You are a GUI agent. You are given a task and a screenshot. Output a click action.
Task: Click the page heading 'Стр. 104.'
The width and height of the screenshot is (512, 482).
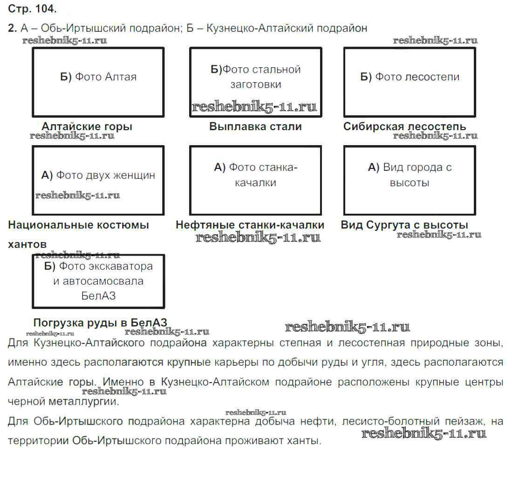point(32,9)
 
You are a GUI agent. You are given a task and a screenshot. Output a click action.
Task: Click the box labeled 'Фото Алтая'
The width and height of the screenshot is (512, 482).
point(98,82)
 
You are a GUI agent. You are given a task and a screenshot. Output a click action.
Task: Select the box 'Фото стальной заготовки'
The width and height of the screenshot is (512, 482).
point(255,82)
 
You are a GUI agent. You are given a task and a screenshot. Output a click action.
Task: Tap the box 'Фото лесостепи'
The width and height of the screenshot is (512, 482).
point(410,82)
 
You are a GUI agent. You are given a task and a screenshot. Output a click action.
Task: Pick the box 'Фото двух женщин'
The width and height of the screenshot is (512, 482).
point(98,180)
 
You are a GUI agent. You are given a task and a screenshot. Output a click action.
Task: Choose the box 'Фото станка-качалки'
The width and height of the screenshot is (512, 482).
point(255,180)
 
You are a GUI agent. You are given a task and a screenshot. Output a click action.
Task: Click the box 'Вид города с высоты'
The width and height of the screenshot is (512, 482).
point(410,180)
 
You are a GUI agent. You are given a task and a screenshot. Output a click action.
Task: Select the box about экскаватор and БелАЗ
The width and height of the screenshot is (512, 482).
point(98,281)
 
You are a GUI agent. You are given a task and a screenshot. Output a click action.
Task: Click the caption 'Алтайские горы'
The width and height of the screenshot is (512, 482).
point(87,126)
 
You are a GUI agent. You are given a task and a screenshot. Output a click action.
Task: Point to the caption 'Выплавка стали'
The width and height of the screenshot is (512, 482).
point(255,126)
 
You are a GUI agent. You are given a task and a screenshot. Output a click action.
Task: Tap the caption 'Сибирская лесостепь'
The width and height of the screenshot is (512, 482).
point(404,126)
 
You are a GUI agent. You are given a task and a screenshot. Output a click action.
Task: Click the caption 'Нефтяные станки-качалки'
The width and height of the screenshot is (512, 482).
point(250,225)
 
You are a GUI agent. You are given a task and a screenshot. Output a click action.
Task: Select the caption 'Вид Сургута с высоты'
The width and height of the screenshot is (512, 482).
point(404,225)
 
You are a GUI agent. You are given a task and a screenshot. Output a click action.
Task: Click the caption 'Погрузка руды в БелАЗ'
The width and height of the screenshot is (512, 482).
point(100,323)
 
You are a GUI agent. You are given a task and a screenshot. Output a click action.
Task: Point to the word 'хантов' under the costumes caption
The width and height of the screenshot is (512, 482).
point(27,244)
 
